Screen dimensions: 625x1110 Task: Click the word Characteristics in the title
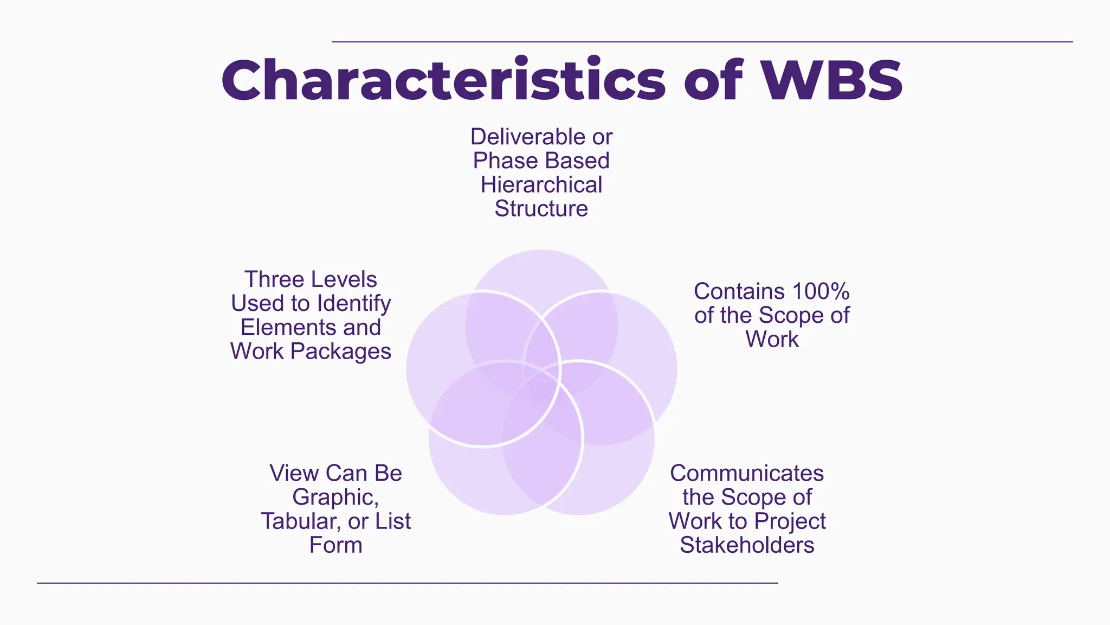click(443, 80)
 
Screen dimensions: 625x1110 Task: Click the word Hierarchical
click(541, 185)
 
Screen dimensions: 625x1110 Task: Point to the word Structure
click(541, 209)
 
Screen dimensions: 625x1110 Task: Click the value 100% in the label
click(821, 291)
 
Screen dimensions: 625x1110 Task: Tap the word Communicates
click(747, 473)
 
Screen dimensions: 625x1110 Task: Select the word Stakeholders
click(747, 545)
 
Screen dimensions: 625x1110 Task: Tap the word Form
click(335, 545)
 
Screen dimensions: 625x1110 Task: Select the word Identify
click(353, 304)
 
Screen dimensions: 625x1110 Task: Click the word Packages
click(340, 352)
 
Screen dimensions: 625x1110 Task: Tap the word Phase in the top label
click(505, 161)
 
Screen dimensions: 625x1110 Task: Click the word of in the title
click(712, 80)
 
